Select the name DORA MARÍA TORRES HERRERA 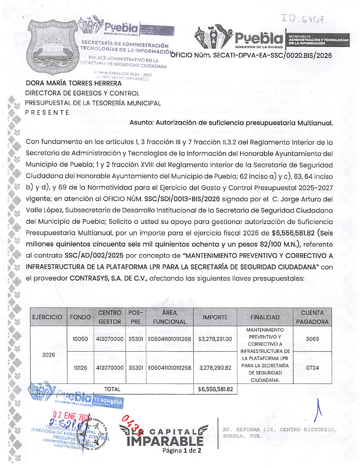coord(74,83)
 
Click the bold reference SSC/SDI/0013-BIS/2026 coord(182,199)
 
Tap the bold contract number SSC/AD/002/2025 coord(94,256)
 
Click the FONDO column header coord(80,317)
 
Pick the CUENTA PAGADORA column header coord(312,317)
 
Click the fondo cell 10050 coord(80,339)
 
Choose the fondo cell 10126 coord(80,368)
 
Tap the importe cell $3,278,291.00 coord(215,339)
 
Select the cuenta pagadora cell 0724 coord(312,368)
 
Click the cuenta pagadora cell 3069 coord(312,339)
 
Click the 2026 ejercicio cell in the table coord(49,355)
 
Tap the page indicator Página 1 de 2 coord(182,450)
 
